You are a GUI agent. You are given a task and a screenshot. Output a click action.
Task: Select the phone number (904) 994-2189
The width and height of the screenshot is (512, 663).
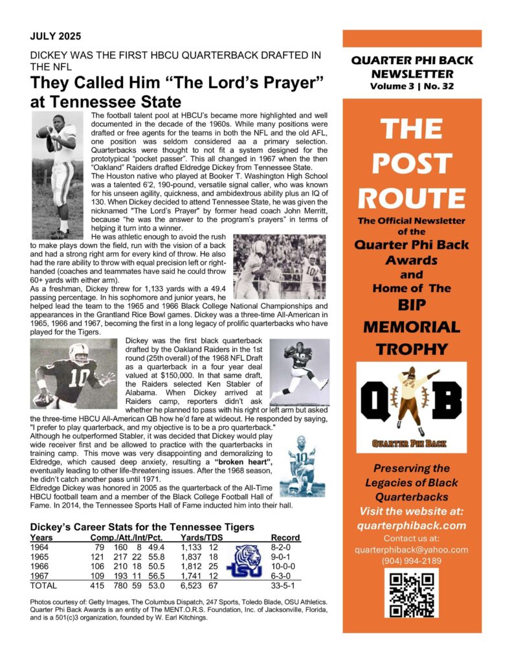(x=412, y=560)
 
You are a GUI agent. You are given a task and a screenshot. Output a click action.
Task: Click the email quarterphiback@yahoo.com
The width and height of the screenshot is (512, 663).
(x=412, y=549)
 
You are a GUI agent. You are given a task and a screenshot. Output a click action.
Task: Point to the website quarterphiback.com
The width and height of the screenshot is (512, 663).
(x=412, y=525)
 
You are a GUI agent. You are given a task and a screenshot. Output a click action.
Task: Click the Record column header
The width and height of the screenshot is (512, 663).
(x=285, y=537)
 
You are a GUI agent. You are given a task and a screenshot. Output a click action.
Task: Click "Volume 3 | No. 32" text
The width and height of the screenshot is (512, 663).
(x=412, y=85)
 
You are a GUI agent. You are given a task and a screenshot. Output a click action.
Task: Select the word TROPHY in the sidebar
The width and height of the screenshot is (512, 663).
(x=412, y=349)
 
